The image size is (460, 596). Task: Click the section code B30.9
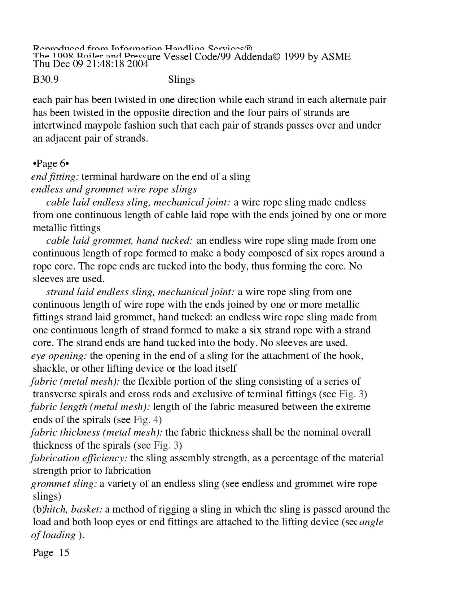pyautogui.click(x=45, y=79)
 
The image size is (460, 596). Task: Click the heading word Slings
pyautogui.click(x=181, y=79)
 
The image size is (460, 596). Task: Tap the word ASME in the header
pyautogui.click(x=336, y=57)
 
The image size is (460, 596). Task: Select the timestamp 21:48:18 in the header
pyautogui.click(x=98, y=64)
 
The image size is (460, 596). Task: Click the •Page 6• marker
pyautogui.click(x=51, y=164)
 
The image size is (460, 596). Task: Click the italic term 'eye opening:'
pyautogui.click(x=59, y=356)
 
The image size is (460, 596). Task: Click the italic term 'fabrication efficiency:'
pyautogui.click(x=79, y=458)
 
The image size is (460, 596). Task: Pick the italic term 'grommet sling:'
pyautogui.click(x=64, y=484)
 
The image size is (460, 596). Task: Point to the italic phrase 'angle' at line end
pyautogui.click(x=371, y=522)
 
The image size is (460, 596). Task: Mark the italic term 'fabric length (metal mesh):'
pyautogui.click(x=90, y=407)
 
